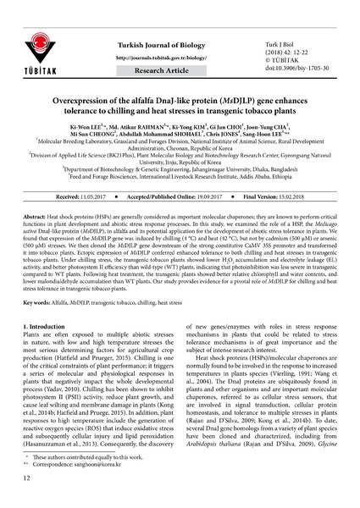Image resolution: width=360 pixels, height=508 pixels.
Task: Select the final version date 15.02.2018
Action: point(299,195)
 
